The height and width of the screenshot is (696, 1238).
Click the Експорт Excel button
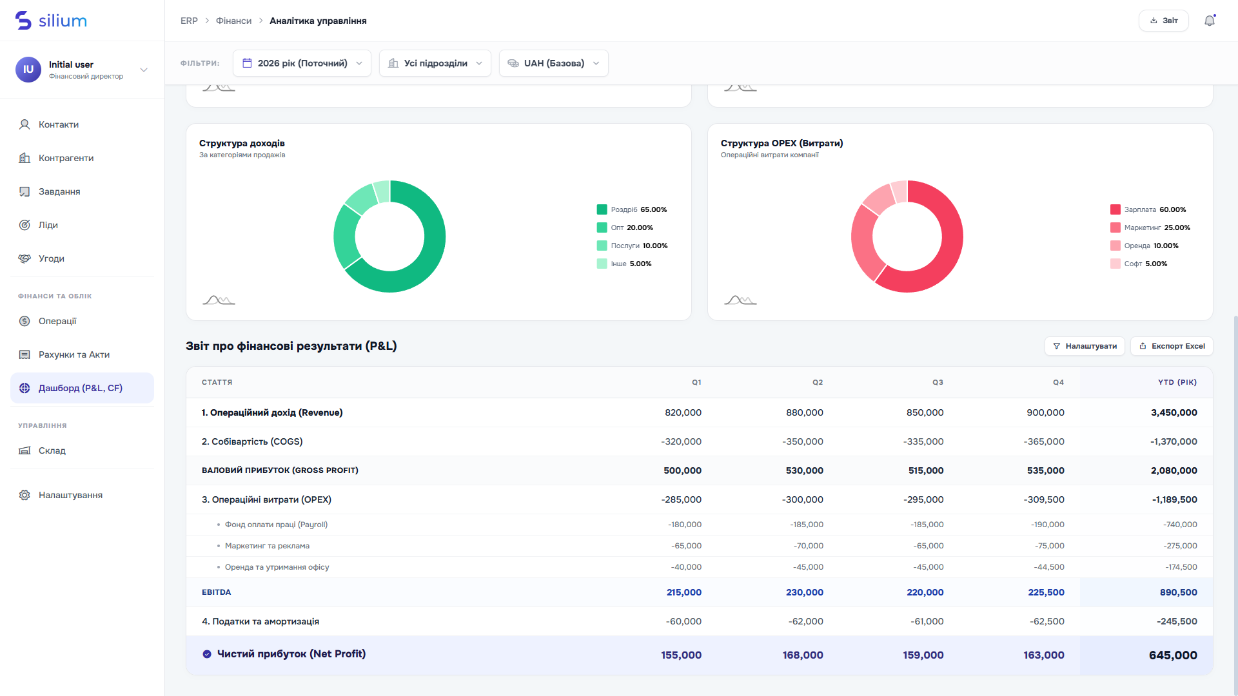click(x=1172, y=346)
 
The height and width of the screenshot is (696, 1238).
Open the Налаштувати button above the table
click(x=1085, y=346)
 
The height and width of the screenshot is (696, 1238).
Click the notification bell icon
click(x=1210, y=21)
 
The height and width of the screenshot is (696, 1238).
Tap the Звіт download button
click(x=1163, y=21)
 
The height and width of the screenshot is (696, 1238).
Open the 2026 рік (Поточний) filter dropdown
click(x=302, y=63)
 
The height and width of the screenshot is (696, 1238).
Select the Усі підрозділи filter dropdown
click(x=435, y=63)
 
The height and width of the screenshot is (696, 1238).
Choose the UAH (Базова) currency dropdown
click(x=553, y=63)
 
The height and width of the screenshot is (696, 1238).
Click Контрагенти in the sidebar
click(x=66, y=158)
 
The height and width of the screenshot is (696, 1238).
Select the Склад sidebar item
click(x=52, y=450)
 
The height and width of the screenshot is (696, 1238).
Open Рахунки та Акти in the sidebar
click(x=74, y=354)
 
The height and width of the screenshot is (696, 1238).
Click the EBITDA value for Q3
click(x=925, y=592)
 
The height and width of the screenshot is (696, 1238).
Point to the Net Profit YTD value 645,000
click(x=1173, y=655)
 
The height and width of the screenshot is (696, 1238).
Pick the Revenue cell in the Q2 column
click(x=805, y=412)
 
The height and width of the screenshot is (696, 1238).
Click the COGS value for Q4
click(x=1044, y=441)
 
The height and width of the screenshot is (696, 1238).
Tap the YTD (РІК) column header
click(x=1177, y=382)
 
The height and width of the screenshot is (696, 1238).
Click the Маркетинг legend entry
click(x=1150, y=227)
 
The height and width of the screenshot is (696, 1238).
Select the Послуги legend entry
click(x=632, y=246)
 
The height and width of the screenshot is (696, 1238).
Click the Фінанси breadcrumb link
click(x=233, y=21)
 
